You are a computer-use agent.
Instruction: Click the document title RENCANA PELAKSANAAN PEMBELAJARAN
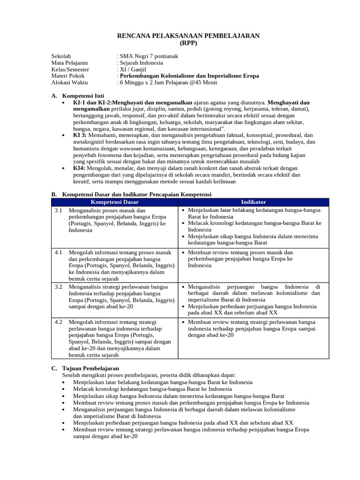coord(188,36)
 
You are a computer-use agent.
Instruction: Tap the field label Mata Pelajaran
coord(69,63)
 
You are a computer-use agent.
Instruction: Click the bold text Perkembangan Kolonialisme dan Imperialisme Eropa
coord(189,76)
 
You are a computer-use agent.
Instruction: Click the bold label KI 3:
coord(80,135)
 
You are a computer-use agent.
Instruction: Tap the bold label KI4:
coord(79,168)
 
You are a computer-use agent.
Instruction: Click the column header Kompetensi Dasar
coord(114,202)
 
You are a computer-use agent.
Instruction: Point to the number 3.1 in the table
coord(59,210)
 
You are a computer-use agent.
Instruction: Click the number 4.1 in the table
coord(59,252)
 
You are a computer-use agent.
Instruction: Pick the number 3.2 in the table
coord(59,286)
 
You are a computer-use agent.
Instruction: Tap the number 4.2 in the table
coord(59,322)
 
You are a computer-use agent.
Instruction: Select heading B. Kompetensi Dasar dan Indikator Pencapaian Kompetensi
coord(131,194)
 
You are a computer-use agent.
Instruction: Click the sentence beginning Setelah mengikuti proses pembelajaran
coord(149,375)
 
